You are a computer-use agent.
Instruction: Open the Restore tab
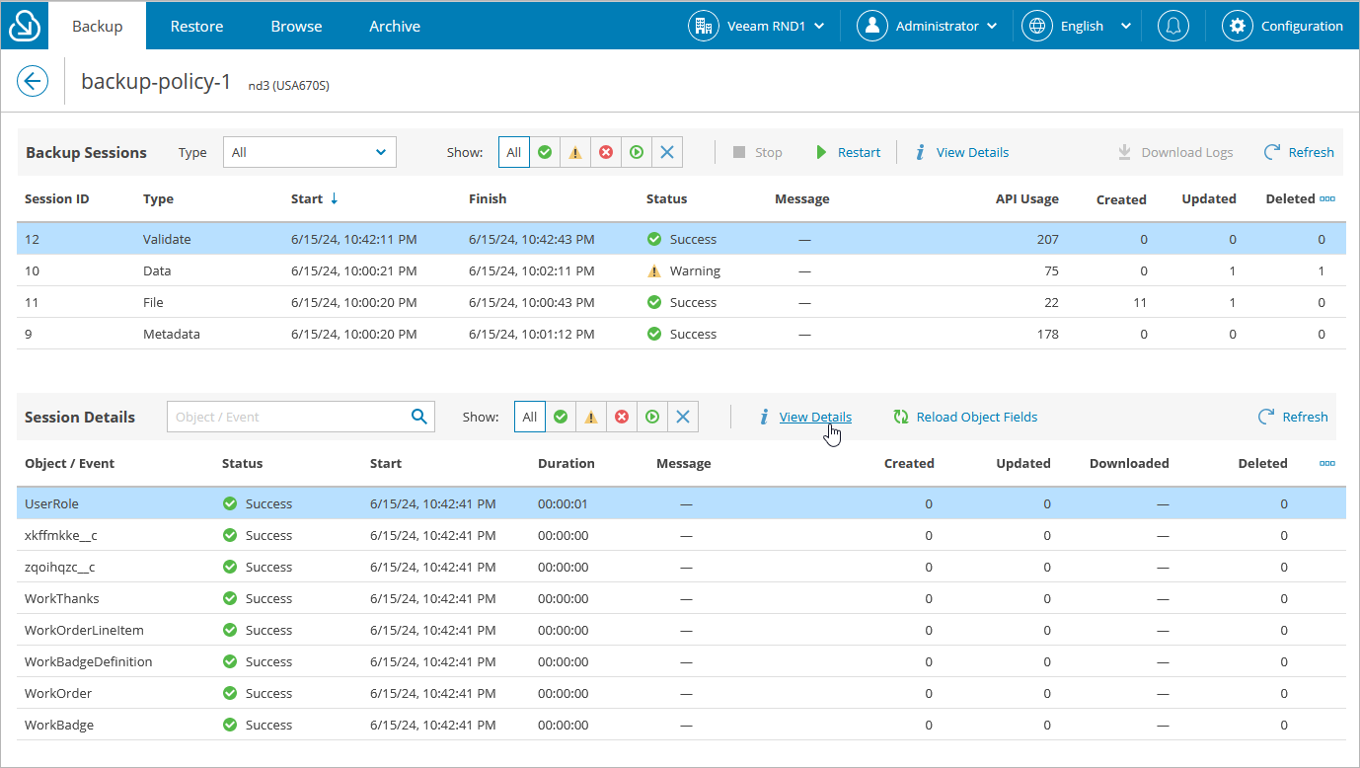coord(196,26)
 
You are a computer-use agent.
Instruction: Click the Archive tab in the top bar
coord(395,26)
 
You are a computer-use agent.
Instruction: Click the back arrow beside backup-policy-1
coord(33,81)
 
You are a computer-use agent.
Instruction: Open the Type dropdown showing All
coord(309,152)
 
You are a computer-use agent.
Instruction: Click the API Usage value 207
coord(1047,239)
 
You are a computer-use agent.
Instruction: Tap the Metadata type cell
coord(172,334)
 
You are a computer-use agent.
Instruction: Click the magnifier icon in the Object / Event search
coord(418,417)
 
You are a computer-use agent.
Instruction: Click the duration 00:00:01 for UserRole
coord(563,503)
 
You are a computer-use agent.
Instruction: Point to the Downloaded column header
coord(1128,463)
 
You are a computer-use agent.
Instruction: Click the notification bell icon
coord(1172,26)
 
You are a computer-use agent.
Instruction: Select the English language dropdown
coord(1078,26)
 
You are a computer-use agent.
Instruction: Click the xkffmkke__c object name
coord(61,535)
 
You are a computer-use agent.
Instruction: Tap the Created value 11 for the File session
coord(1140,302)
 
